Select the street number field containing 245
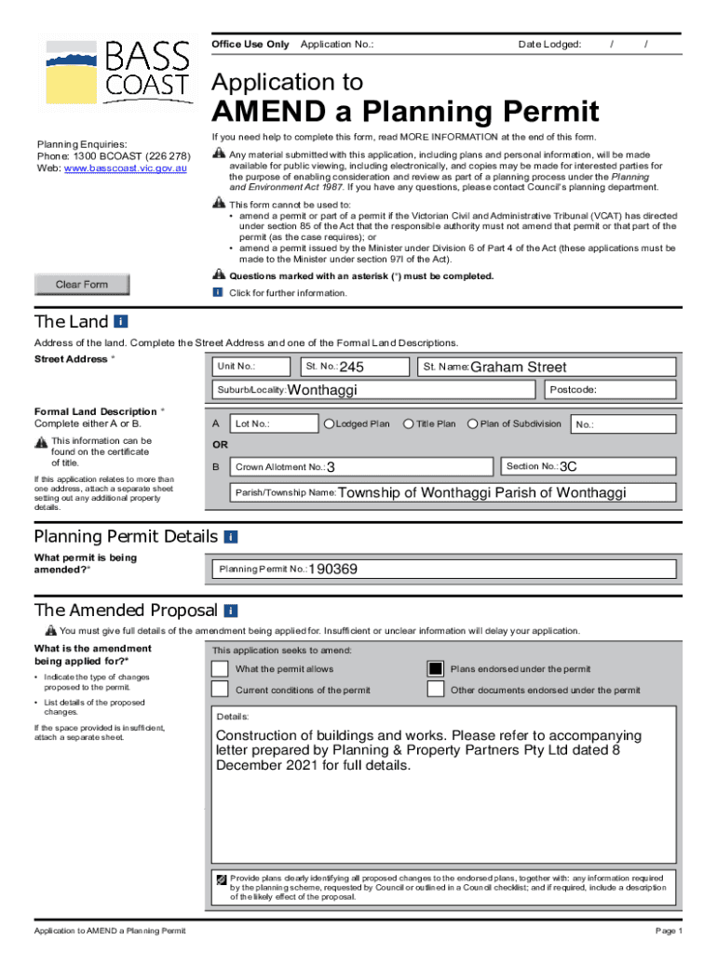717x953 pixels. coord(350,367)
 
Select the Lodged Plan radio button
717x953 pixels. coord(329,424)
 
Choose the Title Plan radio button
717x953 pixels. coord(409,424)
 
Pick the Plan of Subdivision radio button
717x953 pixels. coord(473,424)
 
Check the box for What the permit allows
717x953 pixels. coord(220,669)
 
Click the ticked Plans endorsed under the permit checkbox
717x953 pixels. coord(435,669)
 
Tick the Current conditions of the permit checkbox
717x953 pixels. coord(220,690)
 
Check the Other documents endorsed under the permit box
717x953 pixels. coord(435,690)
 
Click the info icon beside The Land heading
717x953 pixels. coord(121,322)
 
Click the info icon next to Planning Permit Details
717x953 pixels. coord(231,537)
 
